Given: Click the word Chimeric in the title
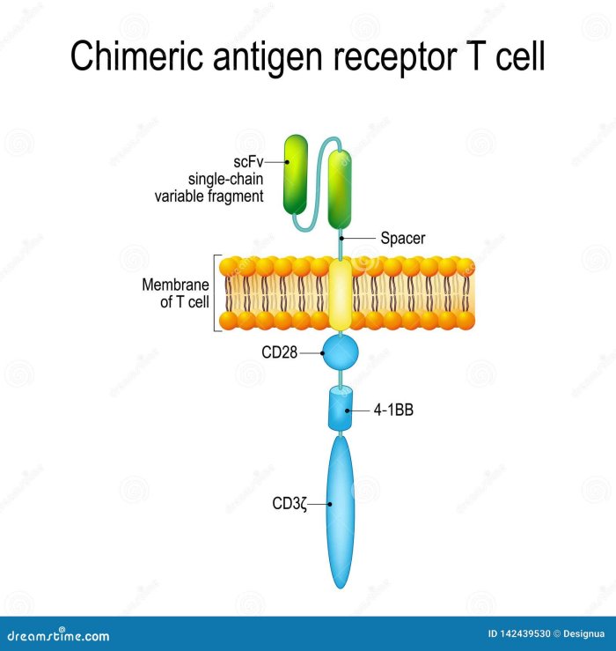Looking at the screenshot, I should point(132,57).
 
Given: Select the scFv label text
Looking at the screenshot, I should point(249,162).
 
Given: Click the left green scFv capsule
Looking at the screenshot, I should point(295,174).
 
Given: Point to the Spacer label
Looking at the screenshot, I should point(403,238).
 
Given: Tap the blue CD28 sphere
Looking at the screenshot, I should point(341,353).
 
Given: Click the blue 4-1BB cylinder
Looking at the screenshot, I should point(340,410).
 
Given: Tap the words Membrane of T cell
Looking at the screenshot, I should point(175,292).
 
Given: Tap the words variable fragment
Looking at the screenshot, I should point(209,196).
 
